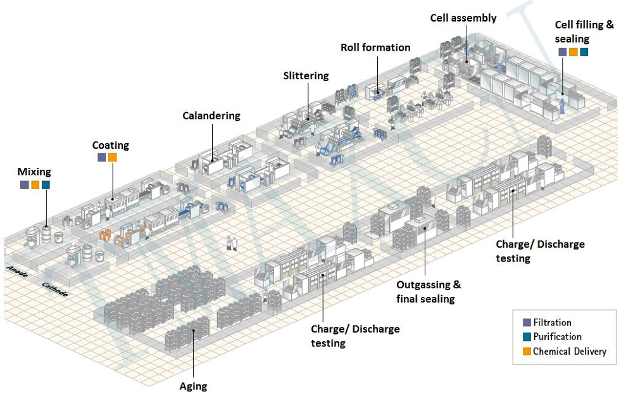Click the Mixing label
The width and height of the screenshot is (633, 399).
pyautogui.click(x=34, y=172)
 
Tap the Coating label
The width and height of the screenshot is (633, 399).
pyautogui.click(x=110, y=145)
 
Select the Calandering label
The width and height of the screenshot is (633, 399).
pyautogui.click(x=211, y=115)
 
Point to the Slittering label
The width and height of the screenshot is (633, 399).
pyautogui.click(x=306, y=75)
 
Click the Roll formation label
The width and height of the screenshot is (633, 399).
pyautogui.click(x=375, y=47)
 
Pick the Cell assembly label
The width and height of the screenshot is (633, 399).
pyautogui.click(x=463, y=18)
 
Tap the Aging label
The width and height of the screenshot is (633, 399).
pyautogui.click(x=193, y=386)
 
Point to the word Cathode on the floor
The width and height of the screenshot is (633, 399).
pyautogui.click(x=54, y=289)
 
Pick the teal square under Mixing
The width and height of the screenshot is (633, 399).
pyautogui.click(x=46, y=185)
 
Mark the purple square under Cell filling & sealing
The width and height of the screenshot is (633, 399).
pyautogui.click(x=562, y=52)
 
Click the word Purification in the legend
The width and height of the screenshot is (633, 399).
pyautogui.click(x=557, y=337)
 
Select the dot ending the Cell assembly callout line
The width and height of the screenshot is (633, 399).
pyautogui.click(x=467, y=61)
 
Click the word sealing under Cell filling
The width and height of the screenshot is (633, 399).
pyautogui.click(x=572, y=39)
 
